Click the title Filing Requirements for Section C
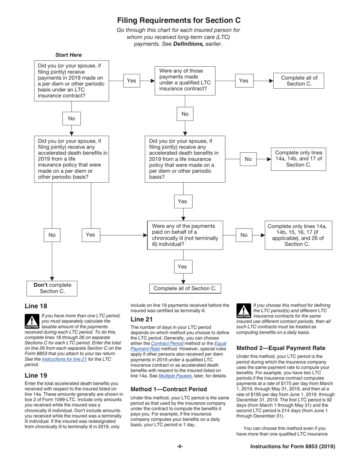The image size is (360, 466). coord(178,20)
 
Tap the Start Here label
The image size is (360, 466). coord(68,55)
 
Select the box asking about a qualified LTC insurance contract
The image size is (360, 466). coord(185,81)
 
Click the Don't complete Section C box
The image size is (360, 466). coord(52,288)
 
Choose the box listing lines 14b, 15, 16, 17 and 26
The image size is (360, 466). coord(298,235)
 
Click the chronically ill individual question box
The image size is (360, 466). coord(185,235)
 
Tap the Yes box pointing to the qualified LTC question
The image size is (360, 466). coord(131,81)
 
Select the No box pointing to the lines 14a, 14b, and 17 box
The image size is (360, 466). coord(248,159)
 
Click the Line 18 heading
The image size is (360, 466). coord(36,306)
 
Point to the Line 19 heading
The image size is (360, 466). coord(36,375)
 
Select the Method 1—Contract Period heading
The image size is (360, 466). coord(169,389)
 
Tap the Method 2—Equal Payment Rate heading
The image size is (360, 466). coord(281,348)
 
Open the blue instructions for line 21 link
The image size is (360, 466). coord(64,359)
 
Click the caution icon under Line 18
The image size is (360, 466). coord(32,321)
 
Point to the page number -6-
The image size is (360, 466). coord(180,447)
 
